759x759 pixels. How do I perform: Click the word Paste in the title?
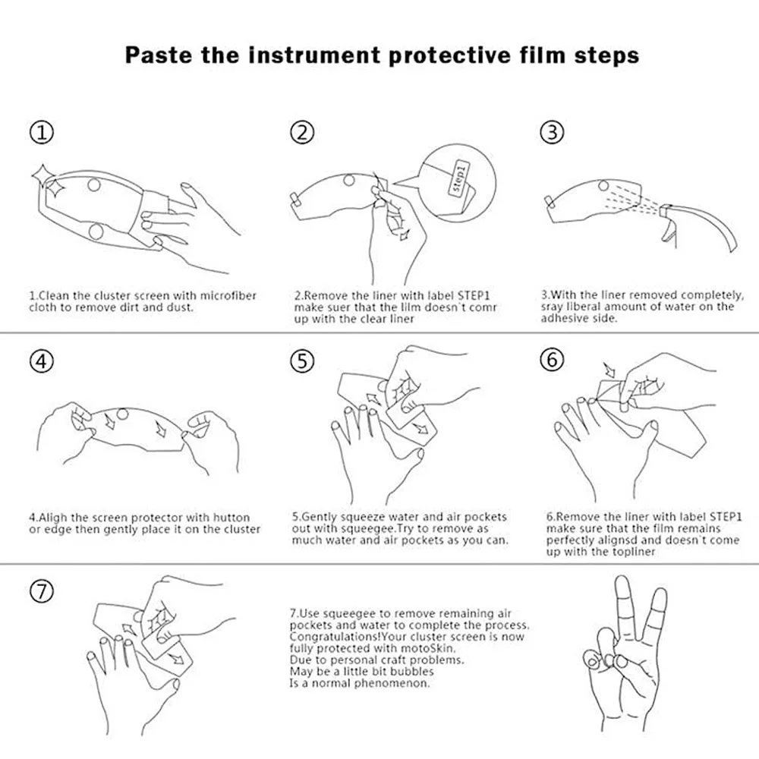click(159, 55)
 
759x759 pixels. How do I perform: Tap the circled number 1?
click(42, 132)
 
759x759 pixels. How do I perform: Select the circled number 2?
click(302, 132)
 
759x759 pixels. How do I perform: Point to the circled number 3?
click(552, 132)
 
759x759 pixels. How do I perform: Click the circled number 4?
click(42, 361)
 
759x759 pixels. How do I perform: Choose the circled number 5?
click(302, 361)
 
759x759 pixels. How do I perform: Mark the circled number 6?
click(552, 360)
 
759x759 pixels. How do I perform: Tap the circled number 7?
click(42, 591)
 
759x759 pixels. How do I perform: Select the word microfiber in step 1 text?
click(228, 296)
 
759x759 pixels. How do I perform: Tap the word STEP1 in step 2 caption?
click(474, 296)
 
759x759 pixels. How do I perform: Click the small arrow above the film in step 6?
click(609, 370)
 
